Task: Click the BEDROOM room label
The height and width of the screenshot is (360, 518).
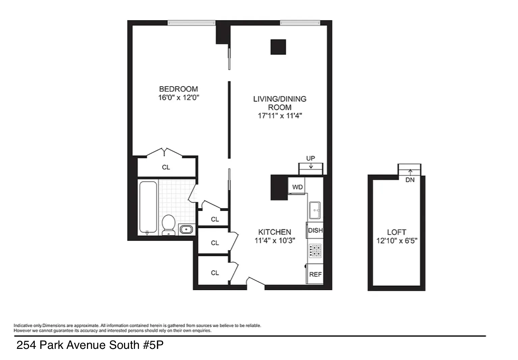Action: coord(178,89)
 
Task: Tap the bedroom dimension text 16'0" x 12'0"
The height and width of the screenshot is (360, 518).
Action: coord(178,97)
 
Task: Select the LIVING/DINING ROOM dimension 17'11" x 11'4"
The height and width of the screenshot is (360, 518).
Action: coord(280,116)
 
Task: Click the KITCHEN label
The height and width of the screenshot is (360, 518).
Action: coord(275,232)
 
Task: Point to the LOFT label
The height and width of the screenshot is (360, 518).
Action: coord(397,232)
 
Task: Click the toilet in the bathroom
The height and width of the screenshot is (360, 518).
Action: coord(168,225)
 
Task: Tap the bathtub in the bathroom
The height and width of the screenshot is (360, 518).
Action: coord(148,207)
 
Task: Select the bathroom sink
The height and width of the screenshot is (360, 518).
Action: coord(186,230)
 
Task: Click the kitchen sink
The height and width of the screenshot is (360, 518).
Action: coord(315,210)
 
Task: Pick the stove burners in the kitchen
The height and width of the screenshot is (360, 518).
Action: coord(315,251)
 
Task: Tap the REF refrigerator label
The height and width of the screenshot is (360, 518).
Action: coord(315,274)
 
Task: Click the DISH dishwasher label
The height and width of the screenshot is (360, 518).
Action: coord(315,230)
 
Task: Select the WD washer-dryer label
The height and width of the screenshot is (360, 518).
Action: coord(297,187)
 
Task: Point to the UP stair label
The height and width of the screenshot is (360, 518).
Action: coord(311,158)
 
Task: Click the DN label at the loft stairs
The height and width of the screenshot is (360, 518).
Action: coord(410,180)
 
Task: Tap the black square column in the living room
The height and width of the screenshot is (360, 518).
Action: coord(278,47)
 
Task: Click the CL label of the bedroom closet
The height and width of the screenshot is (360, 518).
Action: coord(166,167)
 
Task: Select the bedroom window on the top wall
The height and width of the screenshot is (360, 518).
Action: coord(191,23)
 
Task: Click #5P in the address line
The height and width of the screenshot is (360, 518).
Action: coord(153,345)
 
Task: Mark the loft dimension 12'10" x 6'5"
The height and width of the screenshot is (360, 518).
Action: coord(397,241)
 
